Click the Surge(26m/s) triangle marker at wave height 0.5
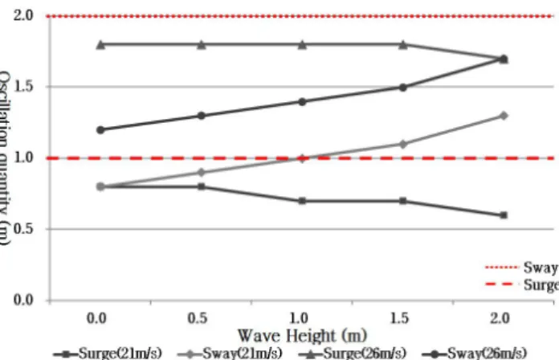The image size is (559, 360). point(202,45)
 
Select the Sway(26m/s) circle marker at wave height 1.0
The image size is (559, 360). point(302,102)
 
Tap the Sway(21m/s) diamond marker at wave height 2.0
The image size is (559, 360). point(504,116)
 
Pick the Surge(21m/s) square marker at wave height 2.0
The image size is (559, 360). point(504,215)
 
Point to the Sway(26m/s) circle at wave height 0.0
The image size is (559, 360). point(100,130)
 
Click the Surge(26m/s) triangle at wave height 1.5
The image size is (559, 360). point(403,45)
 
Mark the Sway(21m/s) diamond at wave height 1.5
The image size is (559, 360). point(403,144)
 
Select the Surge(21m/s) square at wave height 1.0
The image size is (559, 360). point(302,201)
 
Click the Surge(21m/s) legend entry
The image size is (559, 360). point(108,354)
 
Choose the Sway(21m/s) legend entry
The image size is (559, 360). point(230,354)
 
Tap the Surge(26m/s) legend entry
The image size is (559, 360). point(352,354)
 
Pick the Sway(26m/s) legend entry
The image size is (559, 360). point(474,354)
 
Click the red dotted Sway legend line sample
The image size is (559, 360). point(501,267)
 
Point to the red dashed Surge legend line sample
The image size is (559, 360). point(501,284)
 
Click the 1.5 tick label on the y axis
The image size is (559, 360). point(23,86)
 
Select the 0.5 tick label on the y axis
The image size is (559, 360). point(23,229)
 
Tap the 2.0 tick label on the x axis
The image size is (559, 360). point(500,318)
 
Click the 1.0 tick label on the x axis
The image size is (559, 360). point(299,318)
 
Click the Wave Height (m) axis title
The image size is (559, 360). point(302,335)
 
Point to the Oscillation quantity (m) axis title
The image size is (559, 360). point(4,157)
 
